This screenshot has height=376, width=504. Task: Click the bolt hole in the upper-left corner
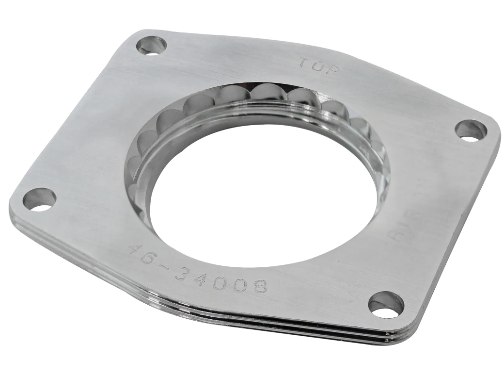click(151, 46)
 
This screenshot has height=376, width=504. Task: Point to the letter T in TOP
click(303, 63)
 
